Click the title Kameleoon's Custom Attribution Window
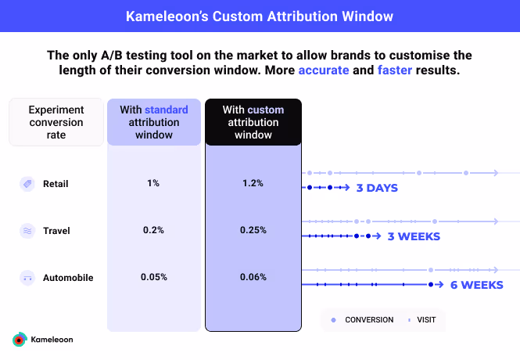click(260, 16)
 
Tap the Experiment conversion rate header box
click(56, 122)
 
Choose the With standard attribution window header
click(155, 122)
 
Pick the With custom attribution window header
click(253, 122)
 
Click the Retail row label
click(56, 184)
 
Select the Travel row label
click(56, 231)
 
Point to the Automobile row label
click(67, 277)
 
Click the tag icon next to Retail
click(27, 184)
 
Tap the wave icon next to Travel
click(27, 231)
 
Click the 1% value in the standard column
click(153, 183)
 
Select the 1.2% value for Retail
click(253, 183)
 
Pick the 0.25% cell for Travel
click(253, 230)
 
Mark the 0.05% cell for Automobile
click(153, 277)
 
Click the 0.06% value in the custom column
click(253, 277)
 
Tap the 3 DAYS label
click(377, 188)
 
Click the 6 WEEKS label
click(476, 285)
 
